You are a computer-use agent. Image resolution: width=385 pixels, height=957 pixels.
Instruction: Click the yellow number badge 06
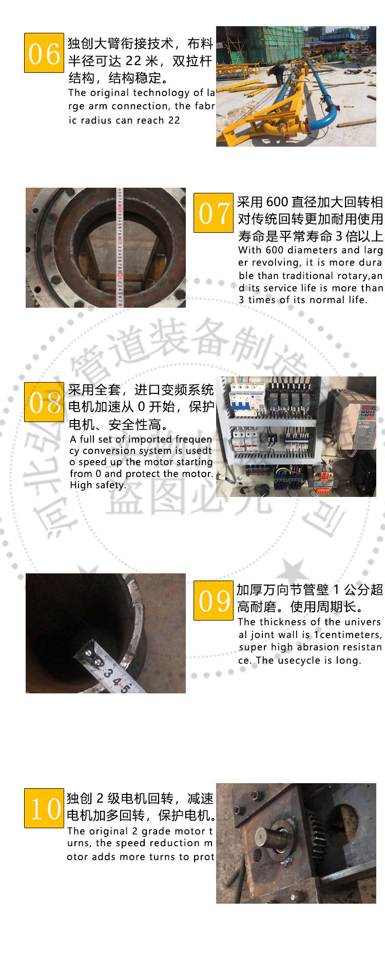click(44, 53)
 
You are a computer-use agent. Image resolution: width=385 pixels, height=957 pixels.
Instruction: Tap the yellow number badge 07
click(213, 213)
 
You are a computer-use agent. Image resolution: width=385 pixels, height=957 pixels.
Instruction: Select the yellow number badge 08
click(44, 403)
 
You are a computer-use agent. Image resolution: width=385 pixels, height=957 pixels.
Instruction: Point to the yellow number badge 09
click(213, 601)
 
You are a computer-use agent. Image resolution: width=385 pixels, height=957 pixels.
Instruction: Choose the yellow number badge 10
click(44, 808)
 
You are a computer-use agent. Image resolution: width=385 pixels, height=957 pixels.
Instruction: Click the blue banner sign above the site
click(334, 36)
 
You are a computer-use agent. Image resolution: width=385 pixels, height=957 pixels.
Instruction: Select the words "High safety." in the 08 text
click(98, 485)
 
